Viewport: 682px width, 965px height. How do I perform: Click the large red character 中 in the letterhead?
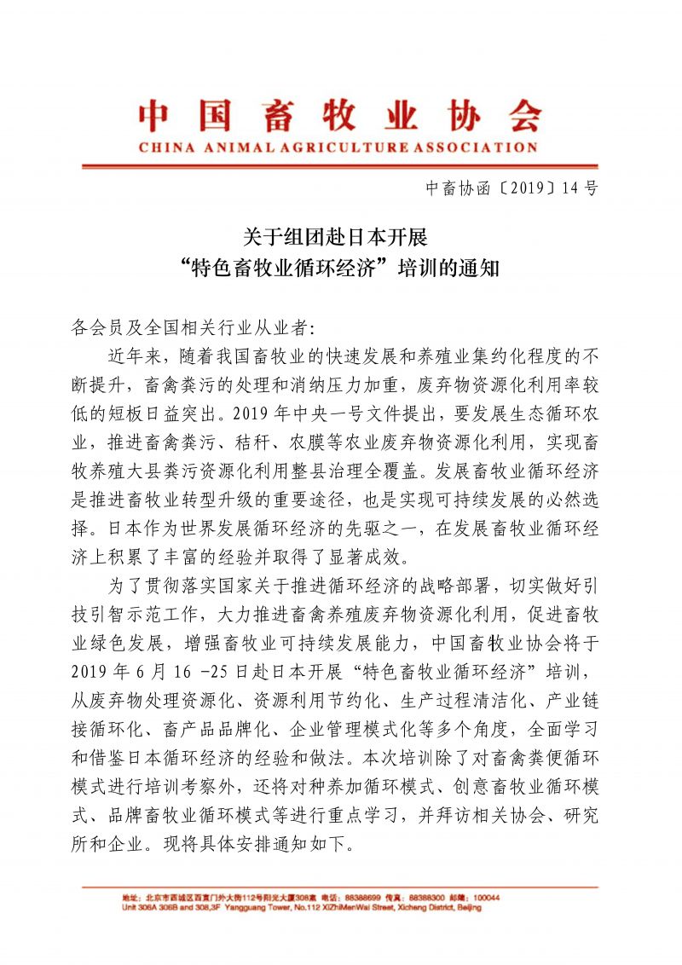coord(159,117)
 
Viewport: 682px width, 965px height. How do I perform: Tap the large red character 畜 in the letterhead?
coord(277,117)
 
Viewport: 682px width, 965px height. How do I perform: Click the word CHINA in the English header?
coord(164,147)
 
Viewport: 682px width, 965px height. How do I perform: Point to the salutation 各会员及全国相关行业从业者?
coord(189,326)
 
